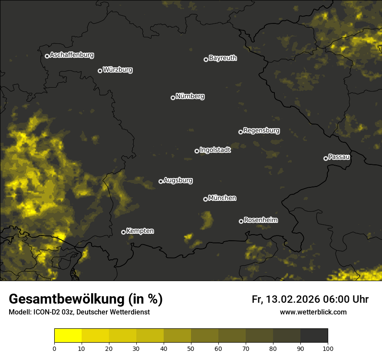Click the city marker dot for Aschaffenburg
click(x=47, y=56)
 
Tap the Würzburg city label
click(x=118, y=70)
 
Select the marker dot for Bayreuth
click(x=206, y=59)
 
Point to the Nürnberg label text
click(x=190, y=96)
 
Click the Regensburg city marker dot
click(x=240, y=132)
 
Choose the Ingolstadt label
click(x=215, y=150)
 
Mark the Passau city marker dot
click(x=326, y=158)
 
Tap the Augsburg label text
click(x=178, y=180)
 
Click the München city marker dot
click(x=205, y=200)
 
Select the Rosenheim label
click(x=260, y=220)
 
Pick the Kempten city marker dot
click(x=123, y=232)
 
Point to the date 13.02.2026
click(x=293, y=299)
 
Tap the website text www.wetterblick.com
click(x=313, y=312)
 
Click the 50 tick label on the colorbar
click(x=191, y=348)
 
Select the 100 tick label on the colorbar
click(x=328, y=348)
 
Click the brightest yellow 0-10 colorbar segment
click(x=68, y=336)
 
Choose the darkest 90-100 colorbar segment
click(x=314, y=336)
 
